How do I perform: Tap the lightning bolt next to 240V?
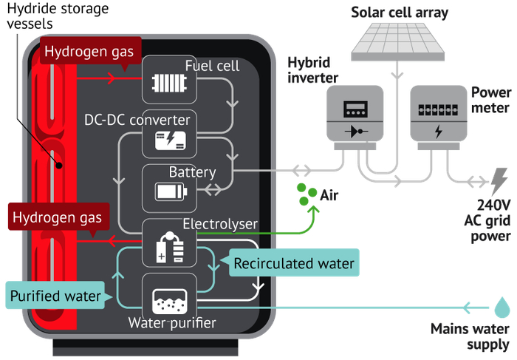[499, 181]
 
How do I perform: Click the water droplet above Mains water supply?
[501, 305]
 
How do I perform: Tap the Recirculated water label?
[294, 262]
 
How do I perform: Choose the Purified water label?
[55, 297]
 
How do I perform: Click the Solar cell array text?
[399, 12]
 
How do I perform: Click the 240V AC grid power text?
[487, 220]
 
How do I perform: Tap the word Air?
[329, 195]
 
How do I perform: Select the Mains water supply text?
[470, 336]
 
